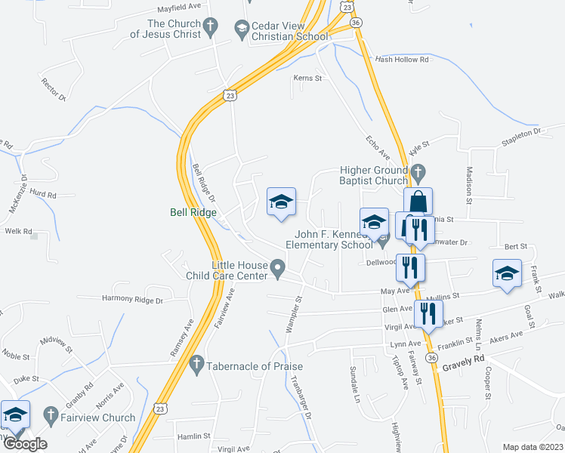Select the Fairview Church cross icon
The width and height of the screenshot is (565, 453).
tap(51, 416)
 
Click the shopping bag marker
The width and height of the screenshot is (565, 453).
tap(418, 202)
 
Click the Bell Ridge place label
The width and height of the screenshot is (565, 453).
tap(193, 213)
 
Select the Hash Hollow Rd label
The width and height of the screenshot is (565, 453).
tap(402, 59)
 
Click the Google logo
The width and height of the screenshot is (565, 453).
tap(26, 444)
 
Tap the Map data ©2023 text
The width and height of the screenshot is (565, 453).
tap(532, 446)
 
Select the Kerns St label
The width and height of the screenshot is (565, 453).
tap(307, 77)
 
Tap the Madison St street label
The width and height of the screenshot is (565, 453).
tap(469, 186)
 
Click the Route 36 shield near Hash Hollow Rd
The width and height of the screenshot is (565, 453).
tap(357, 23)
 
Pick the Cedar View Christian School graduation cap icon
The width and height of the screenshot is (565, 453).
tap(242, 29)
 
